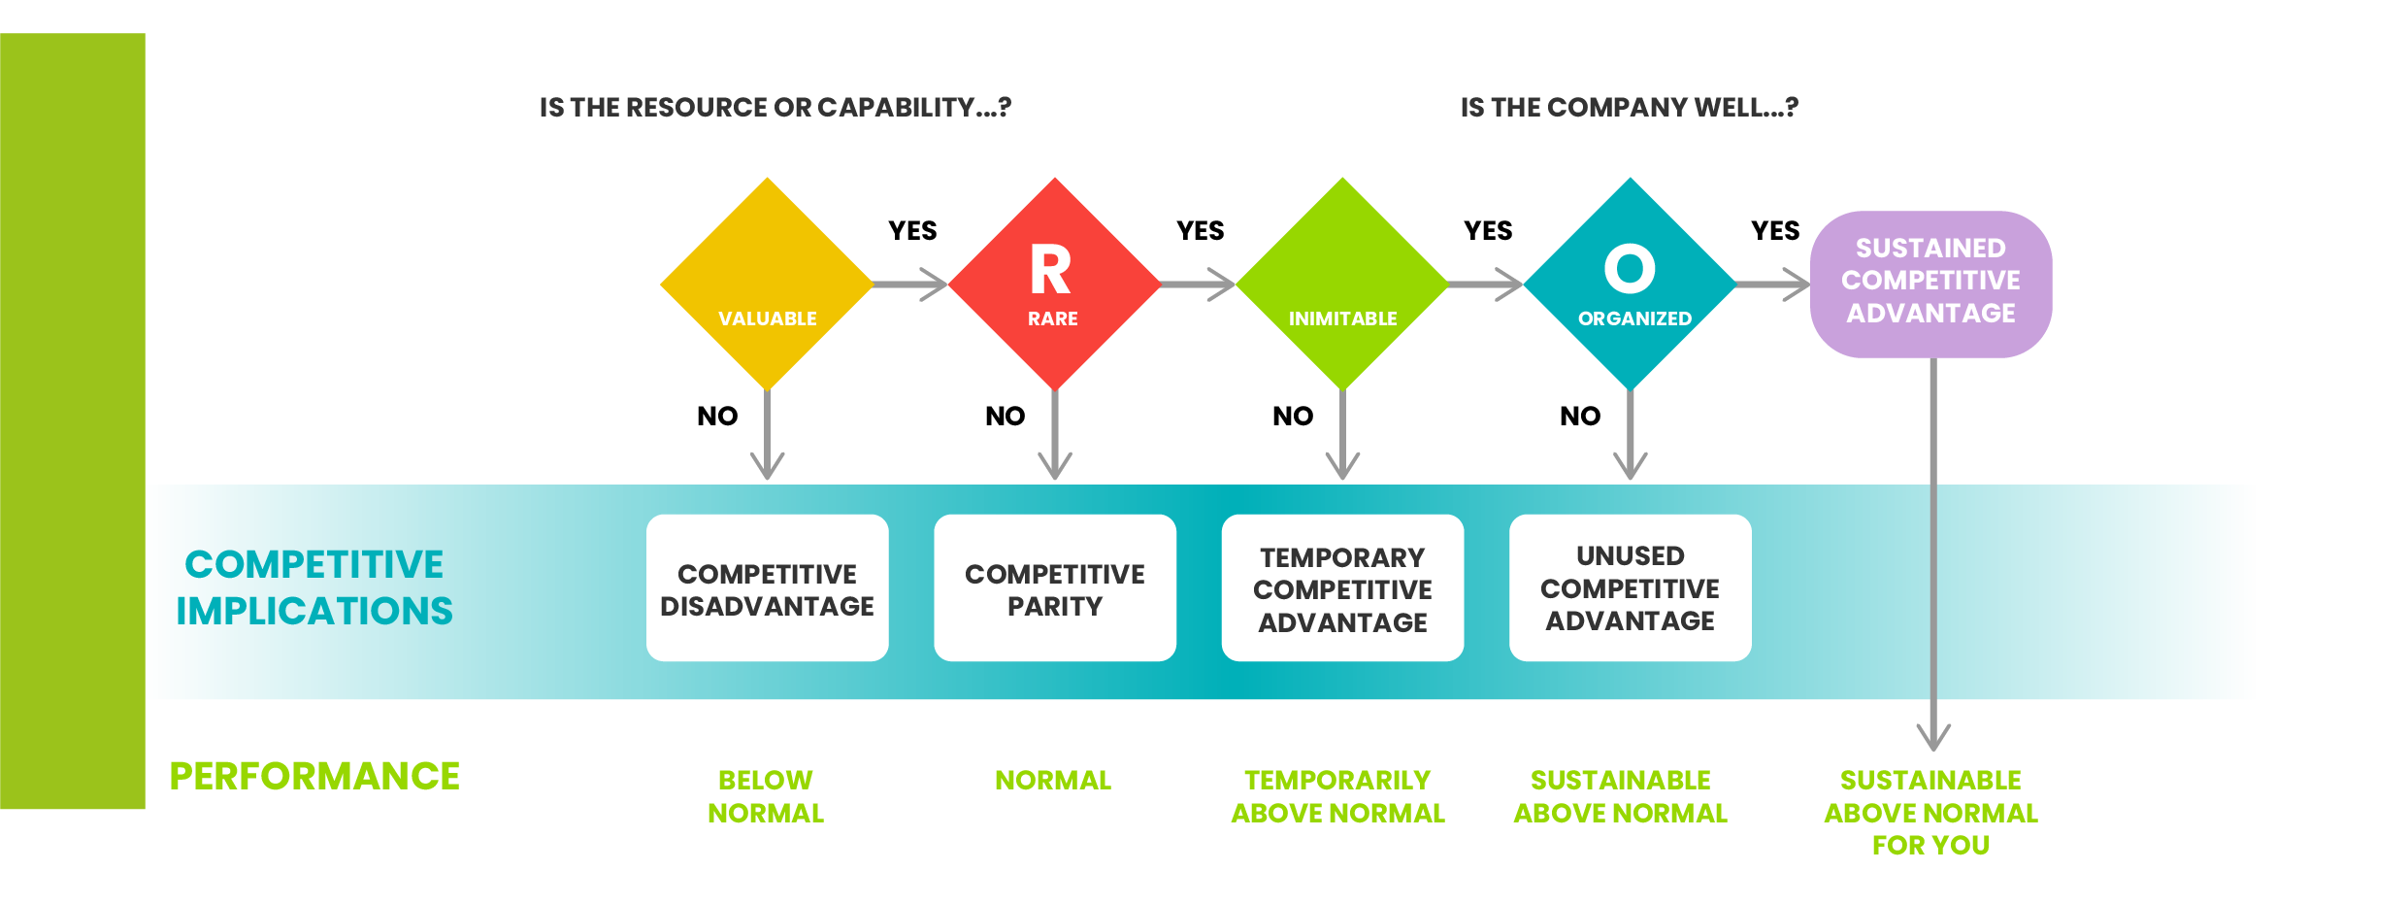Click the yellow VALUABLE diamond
(x=767, y=284)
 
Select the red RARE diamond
(x=1055, y=284)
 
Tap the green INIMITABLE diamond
(x=1342, y=284)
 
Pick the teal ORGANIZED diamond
(x=1631, y=284)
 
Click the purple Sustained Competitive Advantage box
(x=1931, y=285)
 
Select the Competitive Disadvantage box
(x=768, y=588)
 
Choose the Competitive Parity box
(x=1055, y=588)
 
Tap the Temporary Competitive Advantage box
(x=1342, y=588)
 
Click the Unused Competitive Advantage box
(x=1631, y=588)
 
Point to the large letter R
(x=1051, y=269)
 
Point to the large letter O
(x=1630, y=268)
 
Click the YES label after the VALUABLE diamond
(x=913, y=231)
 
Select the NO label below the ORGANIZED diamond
(x=1580, y=417)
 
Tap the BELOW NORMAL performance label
(x=766, y=796)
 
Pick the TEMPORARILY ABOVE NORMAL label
(x=1338, y=796)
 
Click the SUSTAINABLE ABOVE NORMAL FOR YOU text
(x=1931, y=813)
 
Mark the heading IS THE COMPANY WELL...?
(x=1630, y=107)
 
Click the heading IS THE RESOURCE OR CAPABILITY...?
(x=775, y=107)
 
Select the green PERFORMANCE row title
(x=314, y=777)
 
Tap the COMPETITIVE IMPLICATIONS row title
(x=314, y=587)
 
